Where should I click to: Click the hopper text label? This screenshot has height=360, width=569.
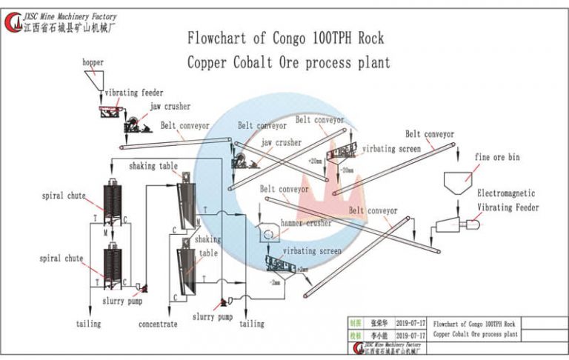click(93, 63)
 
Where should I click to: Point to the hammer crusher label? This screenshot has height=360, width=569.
click(306, 222)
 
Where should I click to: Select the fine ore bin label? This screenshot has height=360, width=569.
click(498, 156)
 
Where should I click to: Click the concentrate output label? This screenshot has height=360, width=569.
click(158, 324)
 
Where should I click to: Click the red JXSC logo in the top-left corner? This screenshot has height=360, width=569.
click(13, 22)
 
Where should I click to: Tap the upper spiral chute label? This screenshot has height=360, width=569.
click(63, 196)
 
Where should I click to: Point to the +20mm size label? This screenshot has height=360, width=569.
click(316, 160)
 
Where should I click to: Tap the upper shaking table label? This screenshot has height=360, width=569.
click(153, 166)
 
